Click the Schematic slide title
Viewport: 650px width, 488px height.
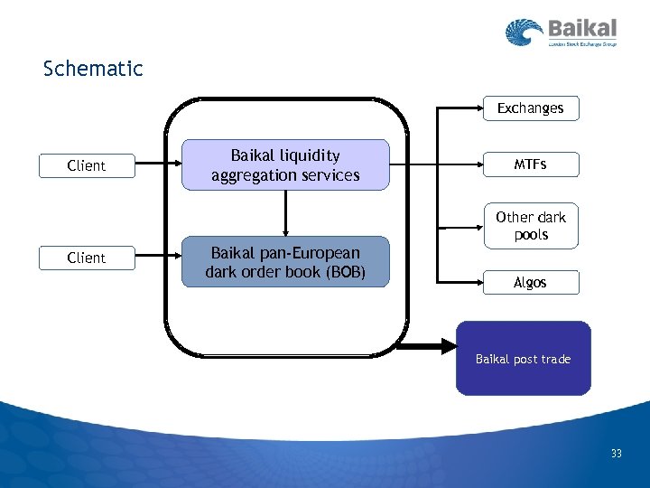(x=93, y=69)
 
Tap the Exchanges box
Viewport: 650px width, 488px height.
(x=530, y=108)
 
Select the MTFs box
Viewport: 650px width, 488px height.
(x=530, y=164)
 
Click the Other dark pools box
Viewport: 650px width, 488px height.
(x=530, y=226)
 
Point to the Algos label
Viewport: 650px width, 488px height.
(x=530, y=283)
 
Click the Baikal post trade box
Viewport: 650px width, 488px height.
(x=524, y=359)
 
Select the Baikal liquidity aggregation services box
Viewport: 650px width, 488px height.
(x=285, y=165)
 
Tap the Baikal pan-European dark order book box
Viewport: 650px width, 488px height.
(x=285, y=262)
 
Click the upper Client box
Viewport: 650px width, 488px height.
(x=87, y=166)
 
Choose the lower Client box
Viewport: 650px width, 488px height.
(x=87, y=258)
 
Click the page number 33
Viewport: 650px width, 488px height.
(x=616, y=454)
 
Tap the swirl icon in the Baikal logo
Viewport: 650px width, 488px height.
(x=524, y=33)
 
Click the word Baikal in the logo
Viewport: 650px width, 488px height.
(x=582, y=29)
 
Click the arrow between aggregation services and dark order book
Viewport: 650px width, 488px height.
(x=285, y=213)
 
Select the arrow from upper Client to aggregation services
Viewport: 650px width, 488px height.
(x=158, y=165)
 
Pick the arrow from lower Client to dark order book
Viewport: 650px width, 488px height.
(x=158, y=258)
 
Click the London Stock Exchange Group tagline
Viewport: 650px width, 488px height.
(x=582, y=43)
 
